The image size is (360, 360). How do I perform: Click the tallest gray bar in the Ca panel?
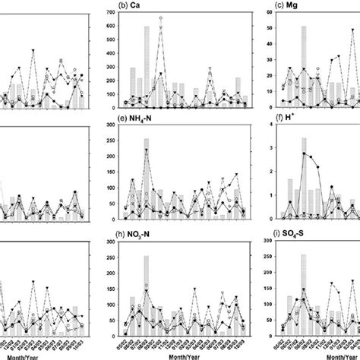147,67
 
